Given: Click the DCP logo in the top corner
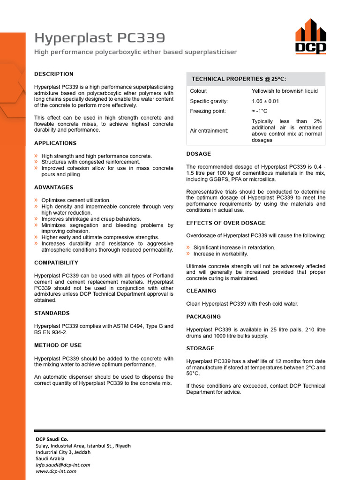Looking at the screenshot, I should tap(310, 36).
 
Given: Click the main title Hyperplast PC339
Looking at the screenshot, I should tap(100, 38).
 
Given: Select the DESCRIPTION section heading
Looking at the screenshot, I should tap(54, 74).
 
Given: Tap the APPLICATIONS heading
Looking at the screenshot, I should tap(55, 143).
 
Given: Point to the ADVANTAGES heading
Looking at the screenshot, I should tap(54, 187).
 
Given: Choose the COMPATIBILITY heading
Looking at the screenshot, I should tap(56, 262).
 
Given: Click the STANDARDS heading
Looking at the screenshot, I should tap(52, 313).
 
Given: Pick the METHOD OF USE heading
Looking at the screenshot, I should tap(58, 345).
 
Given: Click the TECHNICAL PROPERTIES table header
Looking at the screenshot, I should tap(239, 79).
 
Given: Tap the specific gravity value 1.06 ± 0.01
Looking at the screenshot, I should tap(265, 101).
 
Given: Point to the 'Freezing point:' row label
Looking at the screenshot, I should tap(208, 111).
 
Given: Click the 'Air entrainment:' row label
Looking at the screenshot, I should tap(209, 131).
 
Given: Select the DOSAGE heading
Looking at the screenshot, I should tap(199, 154).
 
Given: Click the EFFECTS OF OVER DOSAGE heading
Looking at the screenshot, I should tap(226, 223).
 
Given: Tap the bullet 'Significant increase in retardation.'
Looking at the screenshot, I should tap(234, 247).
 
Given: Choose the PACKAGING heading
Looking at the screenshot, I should tap(203, 316).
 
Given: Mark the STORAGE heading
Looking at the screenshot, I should tap(200, 348).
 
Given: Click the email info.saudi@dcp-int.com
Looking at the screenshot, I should tap(63, 465).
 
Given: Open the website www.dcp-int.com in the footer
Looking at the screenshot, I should tap(56, 471).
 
